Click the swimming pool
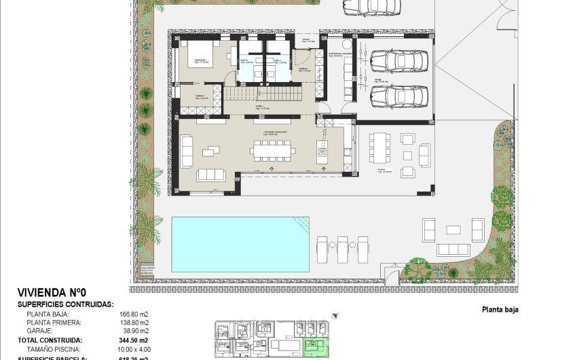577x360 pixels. click(240, 243)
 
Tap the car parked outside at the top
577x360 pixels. click(370, 6)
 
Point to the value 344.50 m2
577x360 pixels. click(134, 340)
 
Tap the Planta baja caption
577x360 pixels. click(500, 310)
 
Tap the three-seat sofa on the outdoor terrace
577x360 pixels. click(453, 249)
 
